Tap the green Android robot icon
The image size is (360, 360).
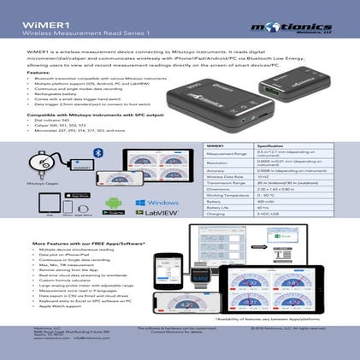pos(111,205)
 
